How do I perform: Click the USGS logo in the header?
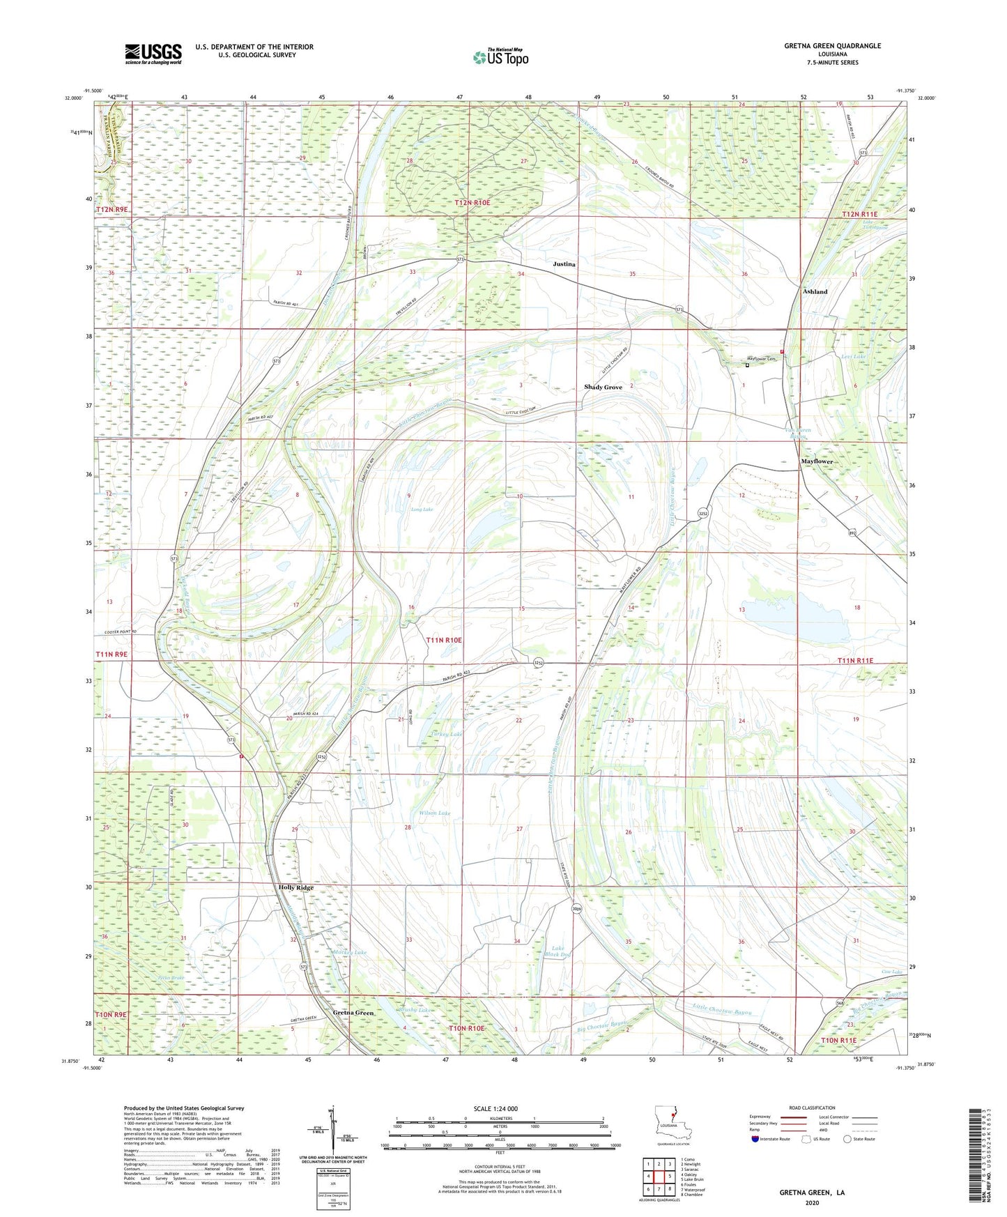[153, 54]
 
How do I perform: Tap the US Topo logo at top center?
[500, 57]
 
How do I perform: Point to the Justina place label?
[564, 264]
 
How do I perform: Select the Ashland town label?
[815, 291]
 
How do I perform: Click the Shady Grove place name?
[603, 387]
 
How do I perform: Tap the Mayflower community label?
[816, 461]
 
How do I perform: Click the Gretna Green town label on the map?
[353, 1012]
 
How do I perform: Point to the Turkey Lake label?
[446, 734]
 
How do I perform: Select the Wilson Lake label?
[434, 813]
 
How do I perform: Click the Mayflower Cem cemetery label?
[757, 359]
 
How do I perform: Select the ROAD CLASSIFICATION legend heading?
[812, 1108]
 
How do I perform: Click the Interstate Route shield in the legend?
[757, 1140]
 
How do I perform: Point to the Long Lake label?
[422, 510]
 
